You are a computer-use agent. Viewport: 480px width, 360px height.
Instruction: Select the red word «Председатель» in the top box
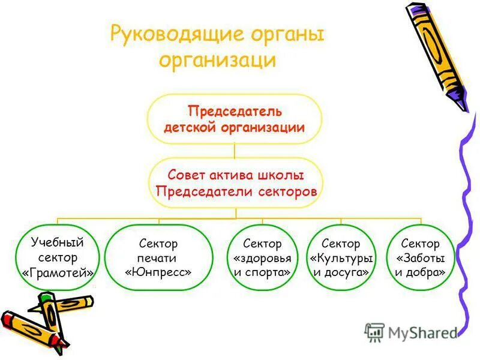(x=235, y=112)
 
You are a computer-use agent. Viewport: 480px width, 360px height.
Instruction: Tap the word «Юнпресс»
(x=158, y=272)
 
